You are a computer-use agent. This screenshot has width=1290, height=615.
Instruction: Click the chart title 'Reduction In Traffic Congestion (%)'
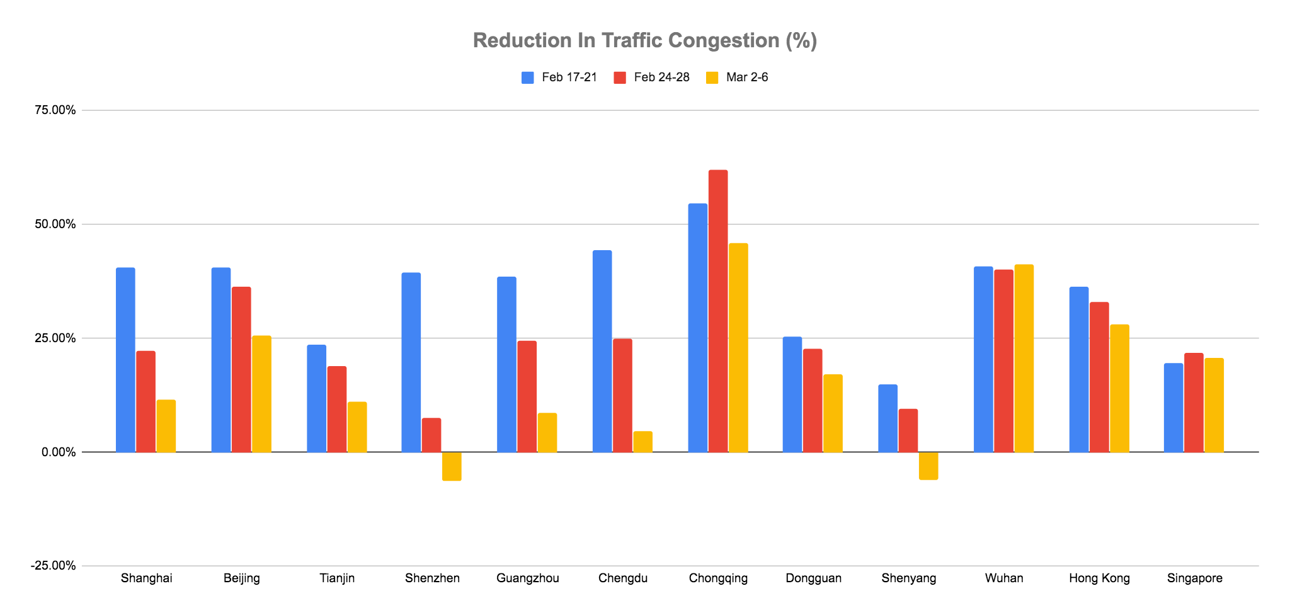pyautogui.click(x=644, y=40)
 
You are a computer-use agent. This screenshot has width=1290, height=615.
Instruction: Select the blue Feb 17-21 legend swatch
pyautogui.click(x=528, y=78)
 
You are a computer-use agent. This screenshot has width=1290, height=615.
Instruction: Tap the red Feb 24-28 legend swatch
pyautogui.click(x=620, y=78)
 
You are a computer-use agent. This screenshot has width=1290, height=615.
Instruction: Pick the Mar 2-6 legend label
pyautogui.click(x=747, y=78)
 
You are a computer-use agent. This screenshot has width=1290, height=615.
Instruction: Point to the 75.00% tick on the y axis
pyautogui.click(x=54, y=110)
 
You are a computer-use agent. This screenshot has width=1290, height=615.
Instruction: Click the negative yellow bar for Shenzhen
pyautogui.click(x=452, y=466)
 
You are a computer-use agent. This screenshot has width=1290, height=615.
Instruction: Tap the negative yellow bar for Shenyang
pyautogui.click(x=928, y=466)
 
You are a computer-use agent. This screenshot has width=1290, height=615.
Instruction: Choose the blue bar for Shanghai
pyautogui.click(x=125, y=360)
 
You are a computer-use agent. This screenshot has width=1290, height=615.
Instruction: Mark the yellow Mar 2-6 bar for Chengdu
pyautogui.click(x=642, y=442)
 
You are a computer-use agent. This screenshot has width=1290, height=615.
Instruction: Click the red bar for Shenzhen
pyautogui.click(x=431, y=435)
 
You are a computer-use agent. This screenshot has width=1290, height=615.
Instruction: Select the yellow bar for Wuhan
pyautogui.click(x=1024, y=358)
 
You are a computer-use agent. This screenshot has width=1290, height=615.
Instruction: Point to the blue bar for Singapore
pyautogui.click(x=1173, y=408)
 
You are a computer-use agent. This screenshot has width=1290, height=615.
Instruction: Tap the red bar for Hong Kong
pyautogui.click(x=1099, y=377)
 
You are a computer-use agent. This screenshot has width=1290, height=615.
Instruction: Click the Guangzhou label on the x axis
pyautogui.click(x=528, y=578)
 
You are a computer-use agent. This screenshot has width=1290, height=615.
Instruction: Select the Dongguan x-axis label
pyautogui.click(x=814, y=578)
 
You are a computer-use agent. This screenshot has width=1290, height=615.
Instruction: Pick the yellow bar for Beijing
pyautogui.click(x=261, y=394)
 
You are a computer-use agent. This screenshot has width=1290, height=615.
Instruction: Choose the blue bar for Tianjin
pyautogui.click(x=316, y=398)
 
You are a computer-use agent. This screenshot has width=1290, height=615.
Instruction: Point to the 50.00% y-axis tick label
pyautogui.click(x=54, y=224)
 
